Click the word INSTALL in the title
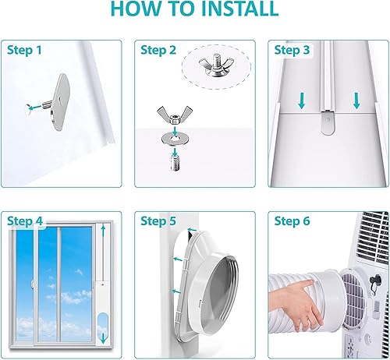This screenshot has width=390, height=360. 239,9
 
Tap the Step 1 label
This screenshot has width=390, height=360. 24,50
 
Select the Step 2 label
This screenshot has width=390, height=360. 158,50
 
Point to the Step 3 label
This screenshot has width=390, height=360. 292,50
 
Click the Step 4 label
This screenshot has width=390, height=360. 25,221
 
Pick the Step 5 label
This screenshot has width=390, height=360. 158,221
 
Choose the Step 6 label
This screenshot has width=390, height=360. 292,221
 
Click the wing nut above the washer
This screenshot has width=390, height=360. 175,115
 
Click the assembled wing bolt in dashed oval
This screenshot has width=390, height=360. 216,65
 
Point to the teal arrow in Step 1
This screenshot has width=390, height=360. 35,107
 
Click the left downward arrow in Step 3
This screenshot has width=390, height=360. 302,101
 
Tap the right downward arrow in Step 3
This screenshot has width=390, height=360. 356,101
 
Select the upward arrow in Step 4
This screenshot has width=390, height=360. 103,231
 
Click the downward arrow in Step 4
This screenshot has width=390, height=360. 103,338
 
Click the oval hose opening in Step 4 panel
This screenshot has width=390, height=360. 103,330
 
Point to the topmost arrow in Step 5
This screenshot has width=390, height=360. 192,230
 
